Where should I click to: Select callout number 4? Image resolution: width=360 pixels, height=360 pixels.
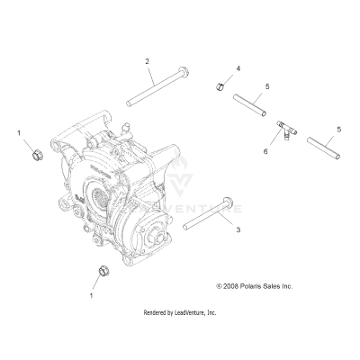[238, 68]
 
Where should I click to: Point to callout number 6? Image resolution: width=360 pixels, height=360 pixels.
[265, 152]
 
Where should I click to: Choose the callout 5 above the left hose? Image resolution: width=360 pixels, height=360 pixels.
[267, 86]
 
